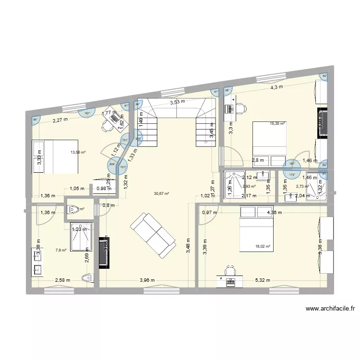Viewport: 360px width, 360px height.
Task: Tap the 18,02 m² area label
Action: tap(263, 247)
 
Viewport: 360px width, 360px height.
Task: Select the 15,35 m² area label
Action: tap(277, 123)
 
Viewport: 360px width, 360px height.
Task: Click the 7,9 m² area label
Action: tap(60, 250)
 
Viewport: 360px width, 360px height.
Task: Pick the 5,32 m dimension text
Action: tap(263, 280)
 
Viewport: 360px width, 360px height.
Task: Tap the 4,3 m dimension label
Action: tap(276, 87)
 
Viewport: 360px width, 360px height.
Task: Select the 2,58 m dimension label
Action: tap(62, 280)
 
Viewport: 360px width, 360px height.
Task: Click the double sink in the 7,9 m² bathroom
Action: tap(37, 262)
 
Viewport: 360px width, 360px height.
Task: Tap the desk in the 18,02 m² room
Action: tap(230, 278)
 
